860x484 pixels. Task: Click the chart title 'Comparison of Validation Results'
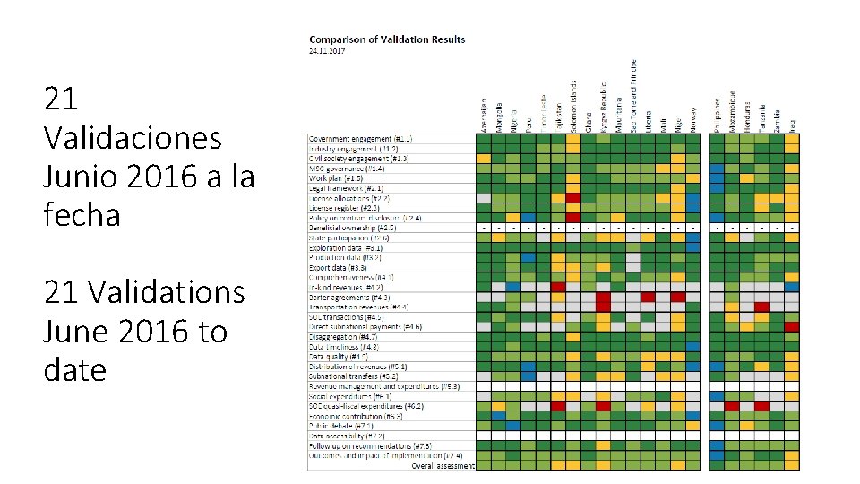click(x=387, y=39)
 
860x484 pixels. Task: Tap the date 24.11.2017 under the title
click(x=327, y=51)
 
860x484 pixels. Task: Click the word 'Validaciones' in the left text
click(x=132, y=138)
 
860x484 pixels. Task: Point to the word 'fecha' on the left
click(x=82, y=215)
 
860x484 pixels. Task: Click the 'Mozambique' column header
click(x=732, y=110)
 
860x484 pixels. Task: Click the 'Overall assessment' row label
click(x=443, y=466)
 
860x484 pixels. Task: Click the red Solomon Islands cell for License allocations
click(x=573, y=198)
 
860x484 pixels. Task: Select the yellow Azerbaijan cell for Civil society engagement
click(x=484, y=159)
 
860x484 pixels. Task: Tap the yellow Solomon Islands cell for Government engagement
click(x=573, y=139)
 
